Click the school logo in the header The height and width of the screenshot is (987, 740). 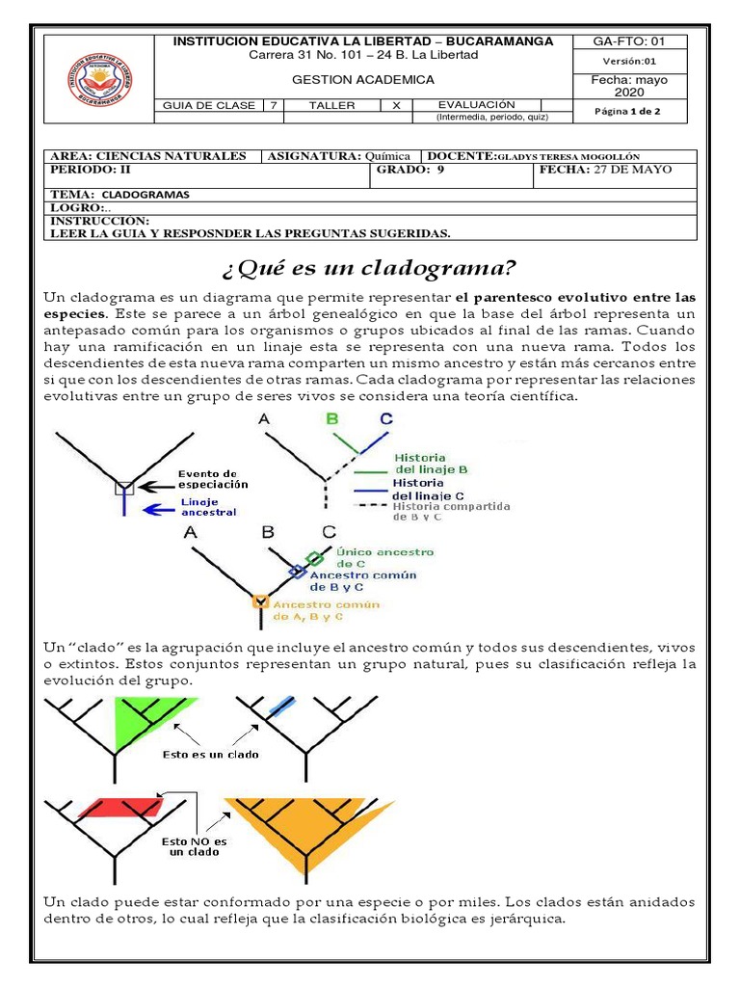click(99, 80)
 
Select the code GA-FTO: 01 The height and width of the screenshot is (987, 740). click(628, 41)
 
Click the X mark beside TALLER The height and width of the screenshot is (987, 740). click(395, 105)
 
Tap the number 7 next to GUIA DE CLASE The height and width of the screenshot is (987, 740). click(275, 105)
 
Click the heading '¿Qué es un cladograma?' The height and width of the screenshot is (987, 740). click(369, 266)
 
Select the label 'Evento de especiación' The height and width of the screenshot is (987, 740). click(213, 479)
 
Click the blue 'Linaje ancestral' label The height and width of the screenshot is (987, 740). click(208, 507)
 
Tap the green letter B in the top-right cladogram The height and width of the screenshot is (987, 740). click(331, 418)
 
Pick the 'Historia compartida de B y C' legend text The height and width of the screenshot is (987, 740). click(451, 511)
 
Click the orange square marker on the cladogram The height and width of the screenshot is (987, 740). click(259, 601)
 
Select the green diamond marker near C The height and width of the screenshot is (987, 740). click(314, 558)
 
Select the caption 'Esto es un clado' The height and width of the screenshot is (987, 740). click(211, 754)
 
